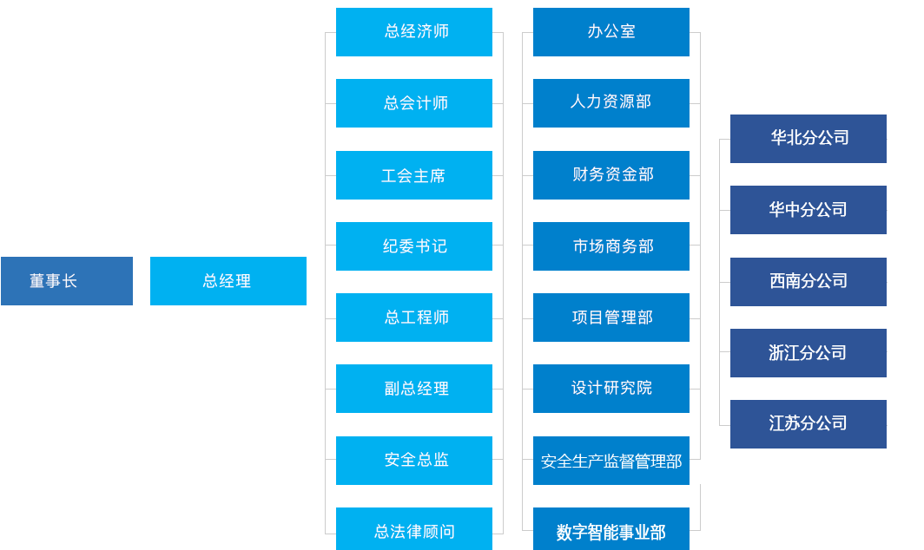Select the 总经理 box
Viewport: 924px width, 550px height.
228,281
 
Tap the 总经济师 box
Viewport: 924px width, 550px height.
414,32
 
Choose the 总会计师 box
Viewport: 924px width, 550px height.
414,103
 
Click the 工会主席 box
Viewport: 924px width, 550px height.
414,175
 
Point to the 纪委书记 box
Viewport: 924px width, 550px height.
414,246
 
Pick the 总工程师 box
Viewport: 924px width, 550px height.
414,318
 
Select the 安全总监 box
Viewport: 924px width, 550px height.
414,460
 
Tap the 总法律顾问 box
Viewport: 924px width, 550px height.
414,529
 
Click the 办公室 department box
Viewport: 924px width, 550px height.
611,32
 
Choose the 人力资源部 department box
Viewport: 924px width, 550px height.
611,102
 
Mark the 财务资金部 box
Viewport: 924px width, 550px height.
611,174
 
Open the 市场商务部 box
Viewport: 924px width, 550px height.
611,246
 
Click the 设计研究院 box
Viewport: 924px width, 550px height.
611,388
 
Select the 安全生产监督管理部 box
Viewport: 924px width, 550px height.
611,461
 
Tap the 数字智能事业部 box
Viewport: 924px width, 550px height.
611,530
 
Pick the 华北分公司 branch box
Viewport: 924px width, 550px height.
808,139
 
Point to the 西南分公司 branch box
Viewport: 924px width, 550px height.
808,281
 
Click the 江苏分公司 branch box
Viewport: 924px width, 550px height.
808,423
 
